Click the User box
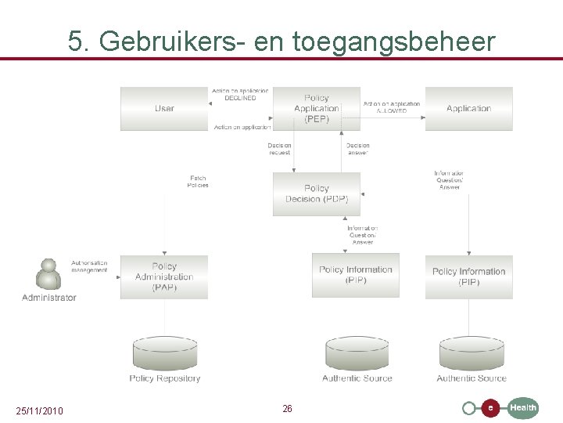(164, 108)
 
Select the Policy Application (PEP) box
(317, 108)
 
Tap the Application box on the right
(468, 108)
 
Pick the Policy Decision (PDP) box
(317, 193)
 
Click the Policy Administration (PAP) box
(164, 277)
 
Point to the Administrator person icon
(48, 273)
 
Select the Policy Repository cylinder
(164, 353)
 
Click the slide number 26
(287, 409)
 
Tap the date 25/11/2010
(40, 411)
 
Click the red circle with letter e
(489, 408)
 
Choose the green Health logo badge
(523, 407)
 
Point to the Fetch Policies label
(198, 182)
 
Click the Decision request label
(279, 149)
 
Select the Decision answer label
(357, 149)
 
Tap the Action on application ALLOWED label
(392, 107)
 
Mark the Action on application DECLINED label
(240, 94)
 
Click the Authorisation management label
(89, 266)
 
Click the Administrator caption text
(49, 298)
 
